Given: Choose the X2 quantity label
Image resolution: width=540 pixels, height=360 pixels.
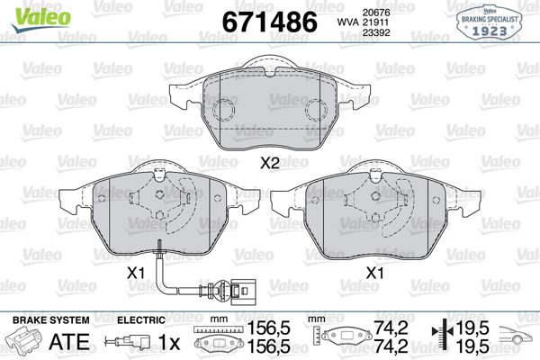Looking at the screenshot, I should coord(271,163).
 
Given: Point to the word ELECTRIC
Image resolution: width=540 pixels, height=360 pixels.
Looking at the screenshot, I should coord(141,320).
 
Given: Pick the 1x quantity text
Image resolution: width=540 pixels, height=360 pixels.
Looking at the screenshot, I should coord(167,342).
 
